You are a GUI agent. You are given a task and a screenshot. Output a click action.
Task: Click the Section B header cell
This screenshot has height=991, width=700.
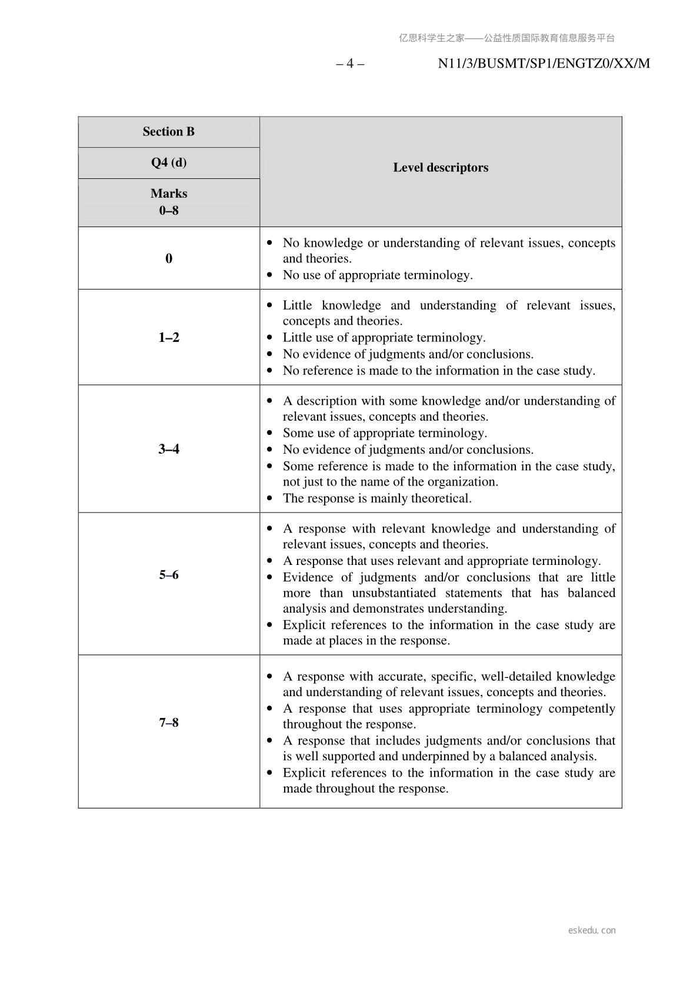(x=168, y=132)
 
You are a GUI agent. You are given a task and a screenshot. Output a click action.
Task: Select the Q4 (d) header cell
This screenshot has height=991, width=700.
(x=168, y=162)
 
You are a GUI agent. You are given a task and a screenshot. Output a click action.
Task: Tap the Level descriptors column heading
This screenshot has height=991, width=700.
(x=441, y=168)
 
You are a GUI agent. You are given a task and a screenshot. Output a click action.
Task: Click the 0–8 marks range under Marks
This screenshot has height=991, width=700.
(x=168, y=210)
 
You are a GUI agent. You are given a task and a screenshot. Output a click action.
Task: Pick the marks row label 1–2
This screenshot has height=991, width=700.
(x=168, y=337)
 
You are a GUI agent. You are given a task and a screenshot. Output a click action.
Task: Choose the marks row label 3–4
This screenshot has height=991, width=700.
(x=168, y=449)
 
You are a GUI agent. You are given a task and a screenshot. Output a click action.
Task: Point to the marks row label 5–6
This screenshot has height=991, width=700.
(x=168, y=575)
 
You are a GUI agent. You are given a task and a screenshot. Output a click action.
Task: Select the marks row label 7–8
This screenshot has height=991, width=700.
(x=168, y=723)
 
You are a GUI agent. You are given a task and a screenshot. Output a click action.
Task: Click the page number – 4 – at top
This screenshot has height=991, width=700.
(x=350, y=64)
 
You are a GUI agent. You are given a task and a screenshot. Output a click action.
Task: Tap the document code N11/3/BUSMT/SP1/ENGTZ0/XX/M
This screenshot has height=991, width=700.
(x=544, y=64)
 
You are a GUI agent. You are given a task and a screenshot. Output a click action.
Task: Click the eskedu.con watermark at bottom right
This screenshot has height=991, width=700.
(x=592, y=930)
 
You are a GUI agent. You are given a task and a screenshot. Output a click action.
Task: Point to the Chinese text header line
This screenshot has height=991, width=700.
(x=506, y=38)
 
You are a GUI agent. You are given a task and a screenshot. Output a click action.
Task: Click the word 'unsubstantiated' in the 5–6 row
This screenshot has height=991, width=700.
(x=394, y=593)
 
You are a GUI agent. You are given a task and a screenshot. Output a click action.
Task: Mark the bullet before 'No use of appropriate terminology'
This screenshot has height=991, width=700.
(x=270, y=275)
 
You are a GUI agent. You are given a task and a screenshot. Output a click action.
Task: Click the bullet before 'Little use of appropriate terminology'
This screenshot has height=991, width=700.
(x=270, y=338)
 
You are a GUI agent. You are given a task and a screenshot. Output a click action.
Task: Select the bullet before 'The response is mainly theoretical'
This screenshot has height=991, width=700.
(x=270, y=498)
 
